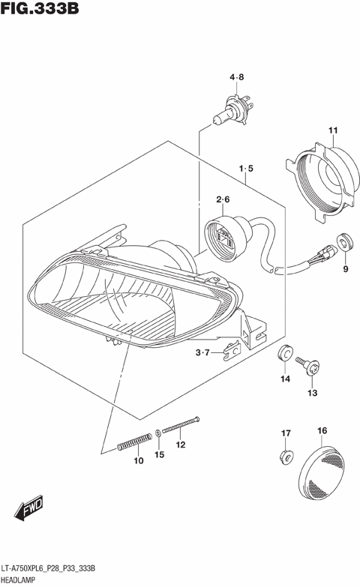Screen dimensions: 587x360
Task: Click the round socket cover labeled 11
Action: (322, 179)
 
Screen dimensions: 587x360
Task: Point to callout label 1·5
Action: (247, 169)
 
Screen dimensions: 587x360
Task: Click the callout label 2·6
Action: (223, 199)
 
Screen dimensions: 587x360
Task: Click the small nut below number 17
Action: (286, 454)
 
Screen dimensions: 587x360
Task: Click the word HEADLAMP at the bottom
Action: (23, 580)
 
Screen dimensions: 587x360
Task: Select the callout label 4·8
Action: (237, 76)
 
